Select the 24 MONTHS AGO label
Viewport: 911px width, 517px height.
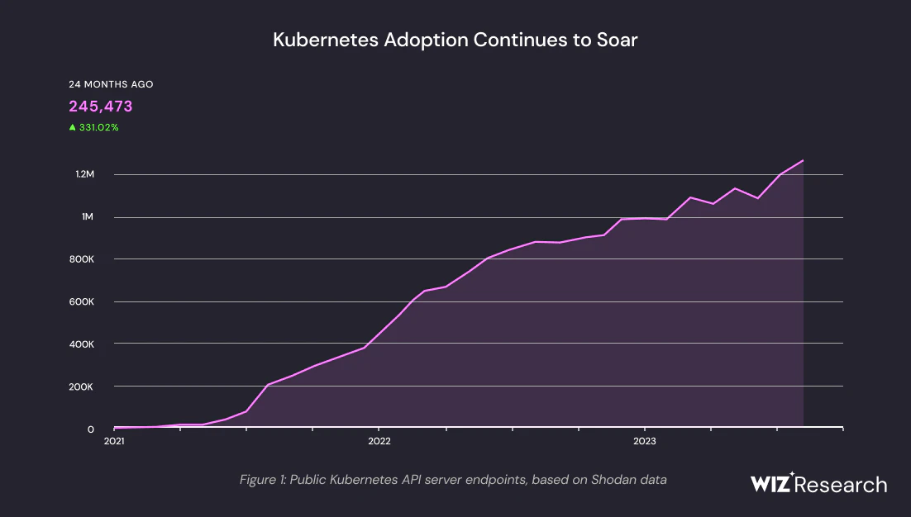110,84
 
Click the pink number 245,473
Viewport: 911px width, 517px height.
100,106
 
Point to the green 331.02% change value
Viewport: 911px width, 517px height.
98,127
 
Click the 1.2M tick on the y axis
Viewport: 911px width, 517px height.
85,174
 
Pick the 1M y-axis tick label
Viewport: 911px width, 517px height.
88,216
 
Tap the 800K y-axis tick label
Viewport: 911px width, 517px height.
83,259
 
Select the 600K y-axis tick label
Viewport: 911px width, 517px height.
83,301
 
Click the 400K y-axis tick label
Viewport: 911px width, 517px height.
83,344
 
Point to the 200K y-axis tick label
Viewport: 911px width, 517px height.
83,387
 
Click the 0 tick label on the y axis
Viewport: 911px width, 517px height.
91,429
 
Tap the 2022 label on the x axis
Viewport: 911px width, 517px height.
379,442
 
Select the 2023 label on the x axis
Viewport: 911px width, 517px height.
644,442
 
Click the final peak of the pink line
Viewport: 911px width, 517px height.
803,160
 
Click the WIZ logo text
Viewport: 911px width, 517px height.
771,484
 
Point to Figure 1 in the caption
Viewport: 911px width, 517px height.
261,479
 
